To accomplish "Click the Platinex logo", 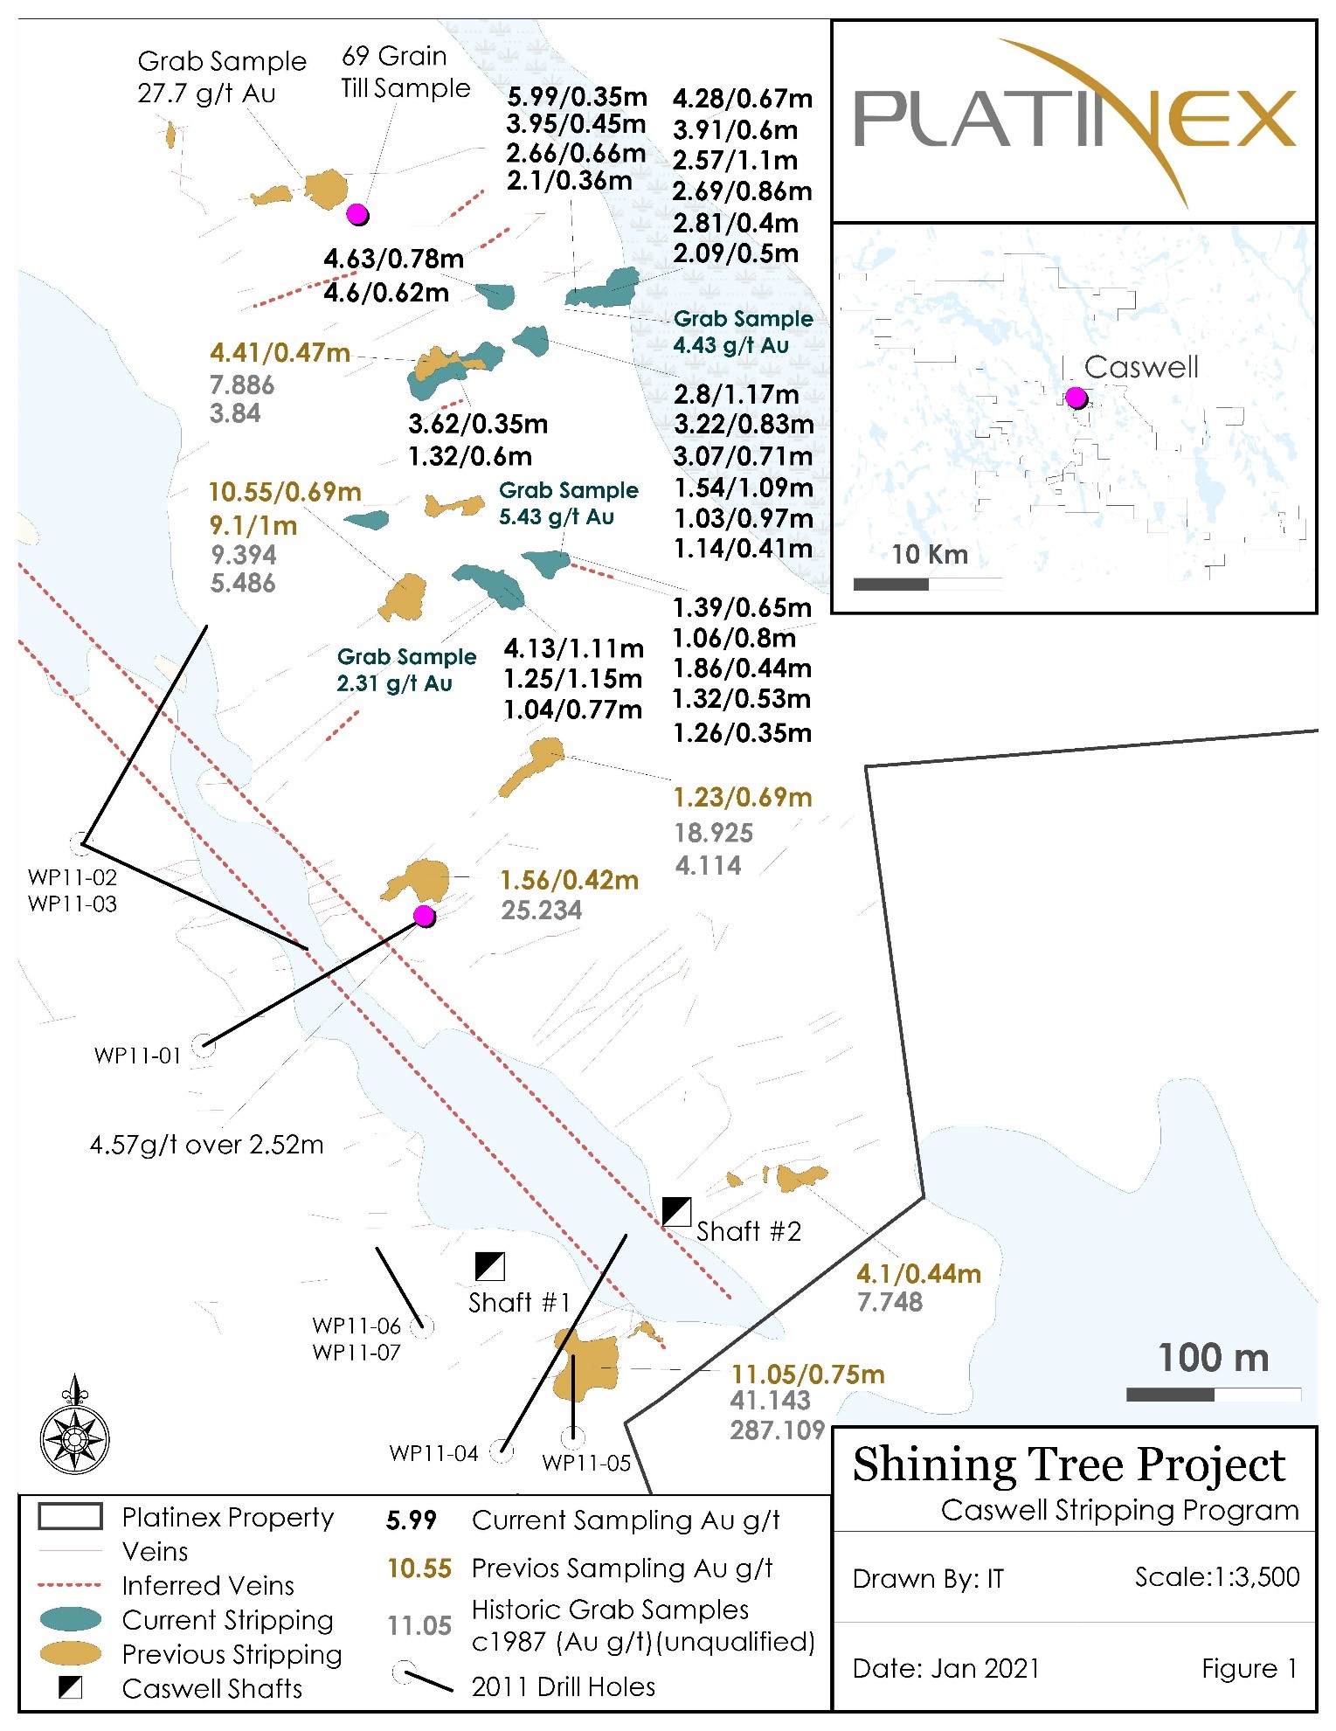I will click(1074, 121).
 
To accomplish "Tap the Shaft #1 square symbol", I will click(489, 1266).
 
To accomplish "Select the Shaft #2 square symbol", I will click(676, 1212).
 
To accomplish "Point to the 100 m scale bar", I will click(1213, 1395).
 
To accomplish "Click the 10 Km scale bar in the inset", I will click(927, 584).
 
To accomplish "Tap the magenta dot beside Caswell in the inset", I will click(1076, 398).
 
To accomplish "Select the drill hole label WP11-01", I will click(138, 1056).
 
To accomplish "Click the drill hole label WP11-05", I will click(586, 1463).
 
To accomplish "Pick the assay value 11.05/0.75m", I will click(807, 1374).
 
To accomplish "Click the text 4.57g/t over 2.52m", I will click(207, 1145).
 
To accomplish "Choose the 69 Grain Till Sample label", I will click(405, 73).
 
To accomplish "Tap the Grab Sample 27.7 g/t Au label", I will click(222, 77).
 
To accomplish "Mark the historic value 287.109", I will click(777, 1430).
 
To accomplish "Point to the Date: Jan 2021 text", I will click(945, 1668).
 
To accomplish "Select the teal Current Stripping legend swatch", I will click(71, 1619).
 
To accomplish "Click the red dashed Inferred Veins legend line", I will click(70, 1585).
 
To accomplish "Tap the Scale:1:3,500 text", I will click(1216, 1577).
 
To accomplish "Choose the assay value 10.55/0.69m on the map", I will click(285, 492).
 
